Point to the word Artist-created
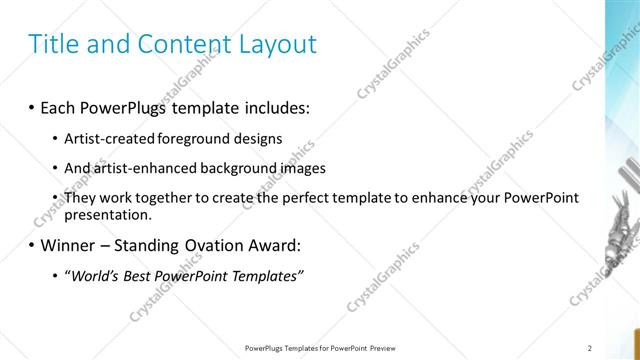pos(107,139)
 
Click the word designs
pos(256,139)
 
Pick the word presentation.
pos(107,214)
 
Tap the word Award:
pos(298,245)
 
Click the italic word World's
pos(93,275)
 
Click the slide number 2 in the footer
pos(590,348)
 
